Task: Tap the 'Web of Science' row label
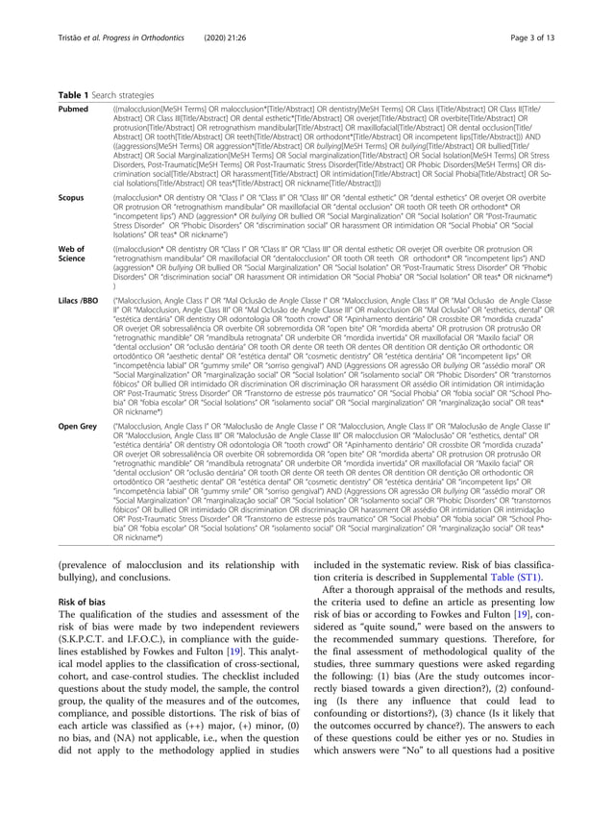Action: point(74,254)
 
